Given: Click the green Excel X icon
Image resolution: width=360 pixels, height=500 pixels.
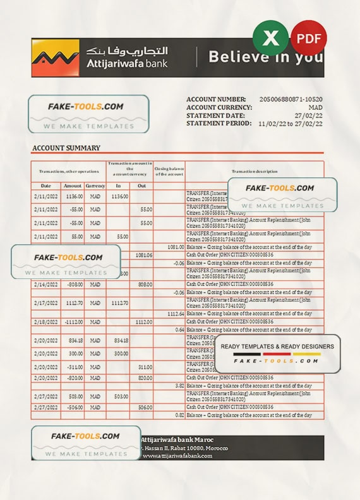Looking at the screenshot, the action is coord(270,39).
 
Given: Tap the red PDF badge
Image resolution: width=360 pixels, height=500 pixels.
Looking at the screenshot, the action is coord(308,39).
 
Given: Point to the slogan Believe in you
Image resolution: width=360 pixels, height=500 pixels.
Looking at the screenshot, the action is coord(266,57).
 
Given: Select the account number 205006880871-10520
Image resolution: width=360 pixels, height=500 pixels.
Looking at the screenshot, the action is coord(291,100).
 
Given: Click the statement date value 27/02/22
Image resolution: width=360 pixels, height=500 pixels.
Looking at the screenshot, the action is coord(309,116).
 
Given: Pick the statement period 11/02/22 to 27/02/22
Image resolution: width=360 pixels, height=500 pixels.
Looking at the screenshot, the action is coord(291,124).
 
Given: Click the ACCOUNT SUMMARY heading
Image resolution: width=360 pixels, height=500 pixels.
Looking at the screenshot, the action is coord(66,148).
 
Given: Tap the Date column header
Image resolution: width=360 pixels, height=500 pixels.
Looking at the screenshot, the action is coord(46,186).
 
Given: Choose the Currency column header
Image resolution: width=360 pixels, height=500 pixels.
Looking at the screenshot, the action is coord(95,186).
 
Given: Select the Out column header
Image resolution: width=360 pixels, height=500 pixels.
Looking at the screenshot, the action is coord(141,186).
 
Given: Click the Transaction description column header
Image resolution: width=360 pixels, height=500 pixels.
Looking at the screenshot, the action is coord(254,172).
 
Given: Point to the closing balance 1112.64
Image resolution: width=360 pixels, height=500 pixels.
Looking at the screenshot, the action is coord(176,314).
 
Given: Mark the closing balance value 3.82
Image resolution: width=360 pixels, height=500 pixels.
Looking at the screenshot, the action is coord(179,385).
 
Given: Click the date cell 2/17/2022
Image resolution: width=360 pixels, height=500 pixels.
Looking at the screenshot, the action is coord(46,303).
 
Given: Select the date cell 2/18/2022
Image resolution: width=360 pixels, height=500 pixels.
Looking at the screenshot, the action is coord(46,322).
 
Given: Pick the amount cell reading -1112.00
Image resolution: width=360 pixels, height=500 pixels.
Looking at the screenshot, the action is coord(72,322).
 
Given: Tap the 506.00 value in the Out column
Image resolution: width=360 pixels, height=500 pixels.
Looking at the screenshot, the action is coord(145,408).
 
